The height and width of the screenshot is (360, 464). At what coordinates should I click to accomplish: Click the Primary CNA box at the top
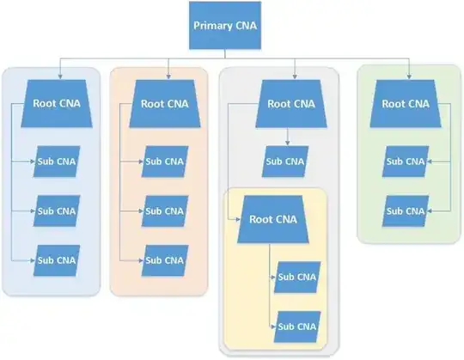[225, 25]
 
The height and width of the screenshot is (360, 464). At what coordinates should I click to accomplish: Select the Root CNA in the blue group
[57, 103]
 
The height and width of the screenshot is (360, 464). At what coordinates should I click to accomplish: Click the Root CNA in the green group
[405, 103]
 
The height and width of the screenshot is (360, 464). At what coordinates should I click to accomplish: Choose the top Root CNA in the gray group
[291, 103]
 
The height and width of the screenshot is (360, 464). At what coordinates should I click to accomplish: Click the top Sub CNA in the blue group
[57, 161]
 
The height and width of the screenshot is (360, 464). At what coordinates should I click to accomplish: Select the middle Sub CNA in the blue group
[57, 209]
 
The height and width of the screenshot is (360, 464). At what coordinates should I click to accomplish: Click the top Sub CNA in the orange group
[165, 161]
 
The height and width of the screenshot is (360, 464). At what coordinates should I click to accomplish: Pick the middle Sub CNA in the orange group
[165, 209]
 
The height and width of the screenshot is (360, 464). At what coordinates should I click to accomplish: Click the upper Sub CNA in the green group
[405, 161]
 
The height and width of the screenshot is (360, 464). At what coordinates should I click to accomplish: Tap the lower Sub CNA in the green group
[405, 209]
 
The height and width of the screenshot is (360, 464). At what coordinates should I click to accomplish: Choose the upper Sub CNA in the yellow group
[297, 278]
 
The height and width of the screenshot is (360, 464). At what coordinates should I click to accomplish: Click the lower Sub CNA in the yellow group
[297, 326]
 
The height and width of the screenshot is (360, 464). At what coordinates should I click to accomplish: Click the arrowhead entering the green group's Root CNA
[408, 78]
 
